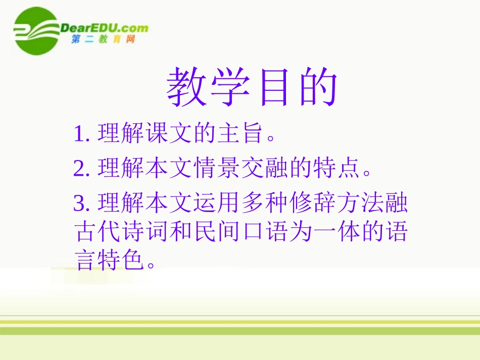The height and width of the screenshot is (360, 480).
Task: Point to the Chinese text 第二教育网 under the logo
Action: [104, 40]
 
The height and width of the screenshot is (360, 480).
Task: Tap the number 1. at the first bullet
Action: [82, 134]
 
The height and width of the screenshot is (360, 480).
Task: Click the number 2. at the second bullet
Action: [82, 169]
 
